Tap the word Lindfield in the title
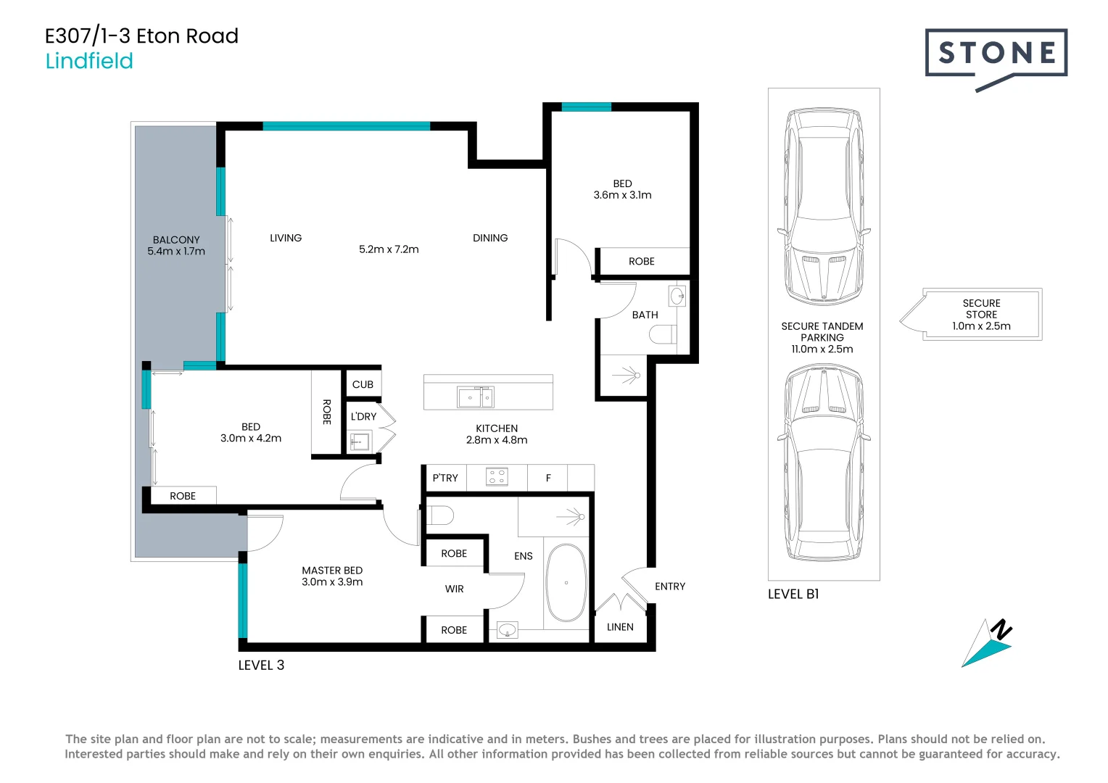pyautogui.click(x=89, y=61)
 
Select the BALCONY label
pyautogui.click(x=176, y=240)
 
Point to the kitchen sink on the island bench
pyautogui.click(x=475, y=397)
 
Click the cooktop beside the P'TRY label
pyautogui.click(x=497, y=477)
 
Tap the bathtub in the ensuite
pyautogui.click(x=566, y=583)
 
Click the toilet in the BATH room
pyautogui.click(x=663, y=334)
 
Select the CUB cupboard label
pyautogui.click(x=363, y=384)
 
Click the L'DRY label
pyautogui.click(x=363, y=416)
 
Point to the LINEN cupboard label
pyautogui.click(x=620, y=627)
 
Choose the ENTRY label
pyautogui.click(x=669, y=587)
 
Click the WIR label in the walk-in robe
pyautogui.click(x=454, y=589)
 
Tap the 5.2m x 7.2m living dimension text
pyautogui.click(x=389, y=249)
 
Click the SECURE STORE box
pyautogui.click(x=981, y=315)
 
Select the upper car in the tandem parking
pyautogui.click(x=823, y=207)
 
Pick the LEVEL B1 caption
pyautogui.click(x=793, y=594)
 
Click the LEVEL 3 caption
pyautogui.click(x=261, y=665)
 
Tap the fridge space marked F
pyautogui.click(x=548, y=478)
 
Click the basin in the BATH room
pyautogui.click(x=677, y=296)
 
